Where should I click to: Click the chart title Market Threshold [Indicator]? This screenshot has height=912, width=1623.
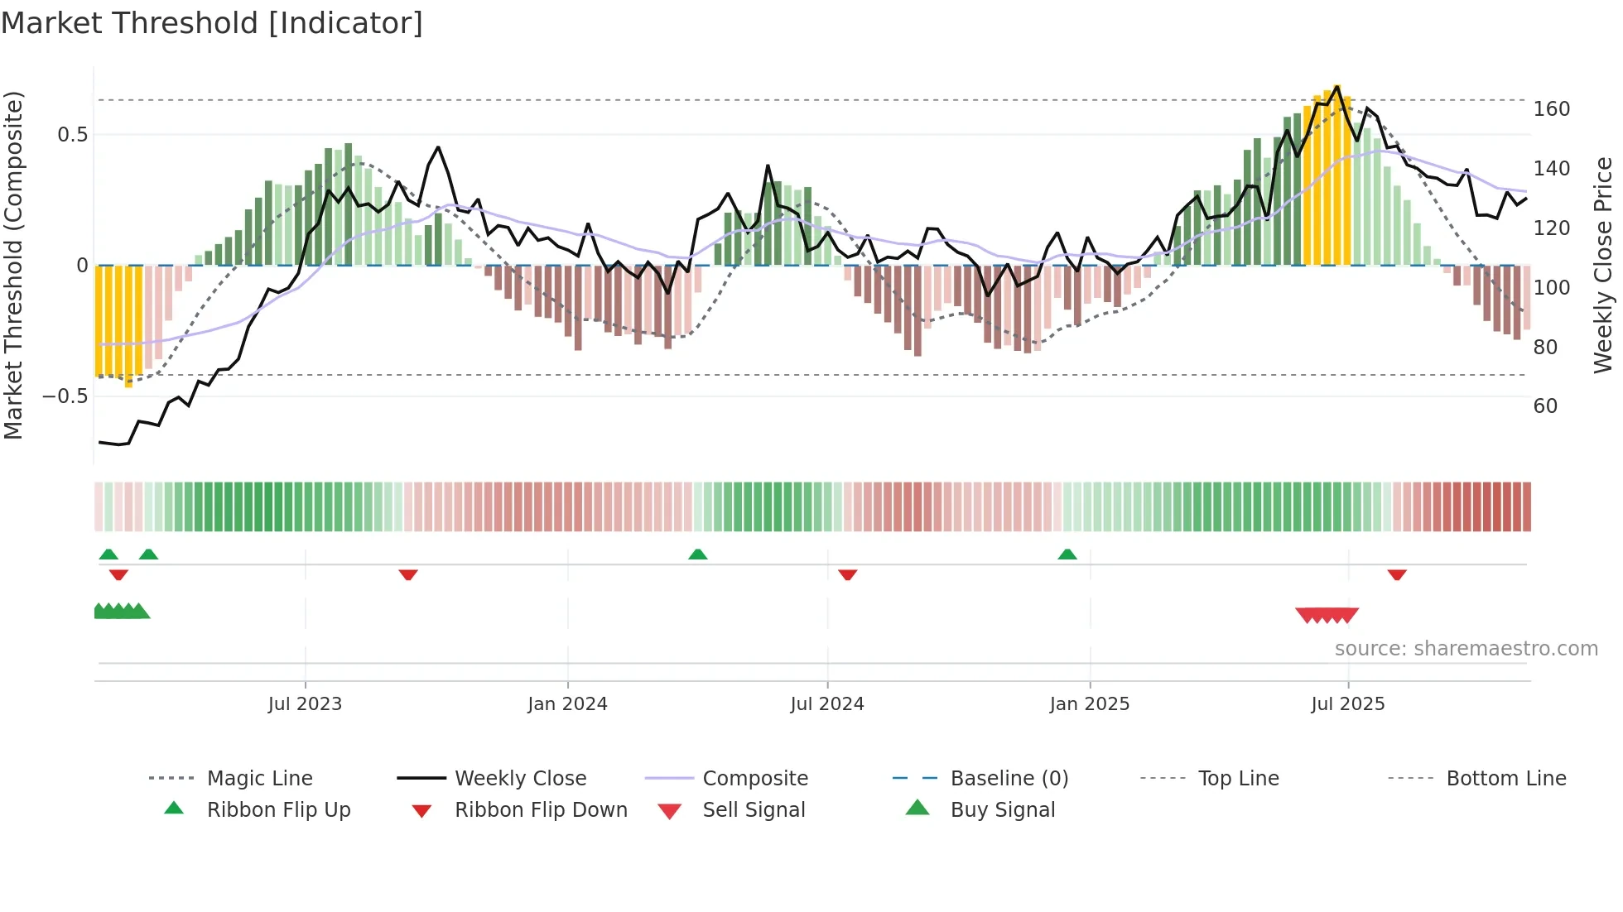pyautogui.click(x=212, y=23)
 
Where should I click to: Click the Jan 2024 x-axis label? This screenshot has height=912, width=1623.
pyautogui.click(x=567, y=704)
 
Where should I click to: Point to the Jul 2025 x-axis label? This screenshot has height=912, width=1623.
pyautogui.click(x=1347, y=704)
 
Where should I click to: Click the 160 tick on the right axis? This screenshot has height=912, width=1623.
pyautogui.click(x=1551, y=109)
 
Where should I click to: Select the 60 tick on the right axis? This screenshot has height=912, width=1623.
pyautogui.click(x=1545, y=406)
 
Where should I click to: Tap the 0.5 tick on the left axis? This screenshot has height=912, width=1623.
pyautogui.click(x=72, y=135)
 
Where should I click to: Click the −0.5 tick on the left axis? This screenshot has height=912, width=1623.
pyautogui.click(x=65, y=396)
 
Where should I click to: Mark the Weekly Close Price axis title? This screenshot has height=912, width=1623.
pyautogui.click(x=1603, y=265)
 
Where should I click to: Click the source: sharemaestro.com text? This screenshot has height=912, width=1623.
pyautogui.click(x=1466, y=649)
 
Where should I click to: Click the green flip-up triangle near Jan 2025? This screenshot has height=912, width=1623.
pyautogui.click(x=1067, y=554)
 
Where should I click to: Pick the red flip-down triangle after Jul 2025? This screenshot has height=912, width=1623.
pyautogui.click(x=1397, y=574)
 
